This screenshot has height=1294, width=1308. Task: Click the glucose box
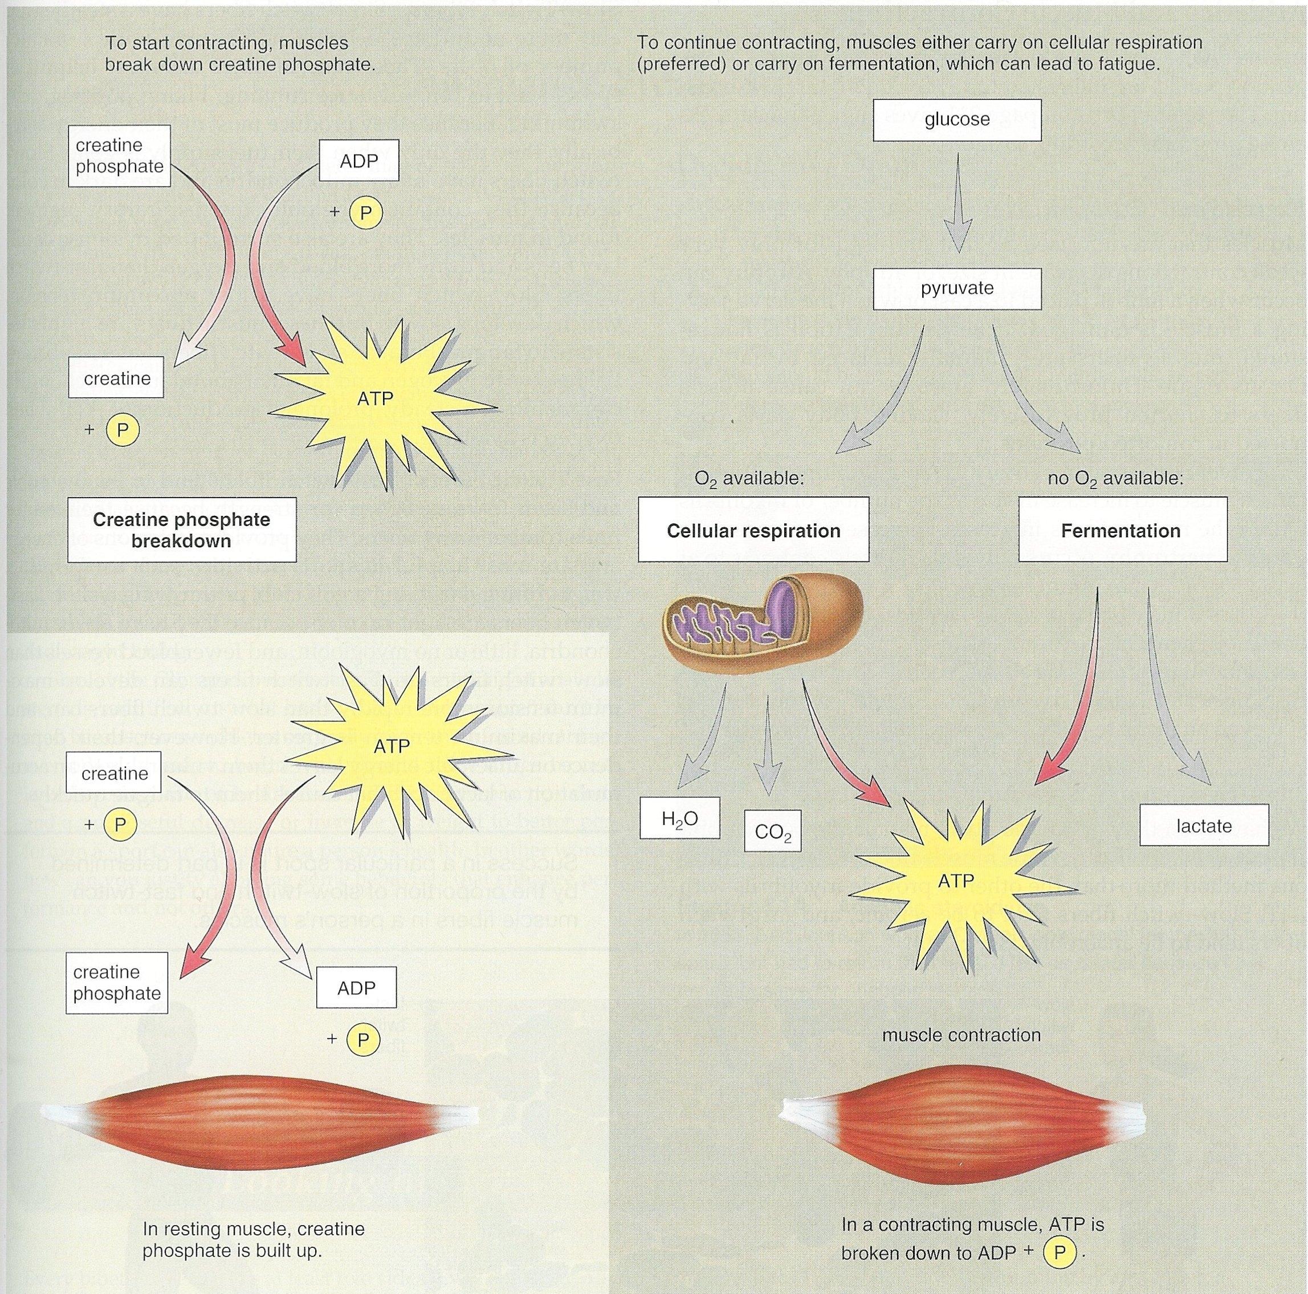[x=956, y=120]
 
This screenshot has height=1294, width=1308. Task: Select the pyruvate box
[x=956, y=288]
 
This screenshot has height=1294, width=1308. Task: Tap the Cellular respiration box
[x=753, y=530]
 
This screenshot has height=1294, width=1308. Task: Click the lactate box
[x=1203, y=825]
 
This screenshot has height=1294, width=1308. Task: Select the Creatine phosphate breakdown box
[x=181, y=530]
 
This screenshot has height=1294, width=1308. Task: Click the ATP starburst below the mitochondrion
[x=956, y=881]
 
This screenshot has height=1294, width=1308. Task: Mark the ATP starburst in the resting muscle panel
[x=392, y=746]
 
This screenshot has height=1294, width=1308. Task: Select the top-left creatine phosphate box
[x=119, y=156]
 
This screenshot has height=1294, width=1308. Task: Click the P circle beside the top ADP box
[x=365, y=213]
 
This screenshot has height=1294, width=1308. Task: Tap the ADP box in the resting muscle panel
[x=356, y=988]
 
